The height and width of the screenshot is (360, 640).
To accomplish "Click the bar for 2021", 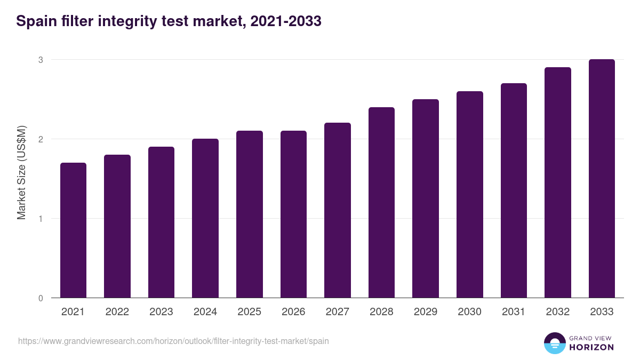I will [73, 230].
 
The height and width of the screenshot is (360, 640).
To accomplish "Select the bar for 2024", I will [205, 218].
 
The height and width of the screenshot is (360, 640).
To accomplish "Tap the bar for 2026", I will [293, 214].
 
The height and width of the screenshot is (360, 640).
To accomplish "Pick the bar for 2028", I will [381, 203].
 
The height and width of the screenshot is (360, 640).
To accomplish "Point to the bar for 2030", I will [469, 195].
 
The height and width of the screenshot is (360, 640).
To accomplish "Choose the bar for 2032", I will [558, 182].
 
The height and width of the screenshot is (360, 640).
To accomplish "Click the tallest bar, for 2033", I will [602, 179].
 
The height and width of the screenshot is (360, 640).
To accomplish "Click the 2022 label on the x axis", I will [117, 312].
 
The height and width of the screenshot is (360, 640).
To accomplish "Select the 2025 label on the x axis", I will [249, 312].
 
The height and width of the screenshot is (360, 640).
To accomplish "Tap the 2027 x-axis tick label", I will [337, 312].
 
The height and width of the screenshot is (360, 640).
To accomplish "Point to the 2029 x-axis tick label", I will [426, 312].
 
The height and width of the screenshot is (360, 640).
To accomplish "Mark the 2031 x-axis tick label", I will [514, 312].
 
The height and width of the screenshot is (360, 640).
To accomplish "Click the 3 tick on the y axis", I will [40, 60].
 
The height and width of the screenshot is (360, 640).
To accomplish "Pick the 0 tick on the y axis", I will [40, 298].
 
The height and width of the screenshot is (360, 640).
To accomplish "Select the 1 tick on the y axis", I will [40, 219].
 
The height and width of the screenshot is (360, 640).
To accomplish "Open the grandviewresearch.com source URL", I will [173, 341].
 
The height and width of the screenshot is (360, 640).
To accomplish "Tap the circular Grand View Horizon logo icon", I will [554, 343].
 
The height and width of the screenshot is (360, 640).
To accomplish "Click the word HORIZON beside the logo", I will [591, 347].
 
